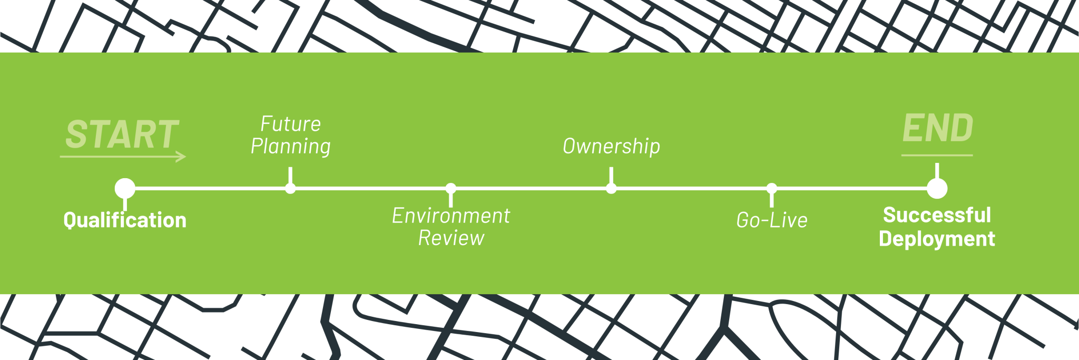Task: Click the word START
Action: pyautogui.click(x=122, y=134)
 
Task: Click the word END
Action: pyautogui.click(x=938, y=129)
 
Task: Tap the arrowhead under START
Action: pyautogui.click(x=182, y=157)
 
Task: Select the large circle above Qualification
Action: pyautogui.click(x=125, y=188)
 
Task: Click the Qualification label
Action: pyautogui.click(x=125, y=220)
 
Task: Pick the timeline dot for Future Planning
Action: pyautogui.click(x=290, y=188)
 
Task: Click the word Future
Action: pyautogui.click(x=290, y=124)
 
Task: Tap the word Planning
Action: pyautogui.click(x=290, y=147)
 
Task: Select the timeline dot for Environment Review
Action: pyautogui.click(x=451, y=188)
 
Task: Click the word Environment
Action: pyautogui.click(x=451, y=216)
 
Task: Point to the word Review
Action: pyautogui.click(x=451, y=238)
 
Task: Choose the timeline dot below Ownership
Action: pyautogui.click(x=611, y=188)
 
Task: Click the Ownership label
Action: pyautogui.click(x=611, y=147)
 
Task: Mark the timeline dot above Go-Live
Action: pyautogui.click(x=772, y=188)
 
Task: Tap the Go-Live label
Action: pyautogui.click(x=772, y=220)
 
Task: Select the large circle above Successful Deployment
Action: pyautogui.click(x=937, y=188)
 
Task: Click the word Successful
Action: pyautogui.click(x=937, y=215)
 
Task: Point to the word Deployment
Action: pyautogui.click(x=937, y=239)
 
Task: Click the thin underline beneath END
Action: pyautogui.click(x=937, y=155)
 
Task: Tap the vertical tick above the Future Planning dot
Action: pyautogui.click(x=290, y=176)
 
